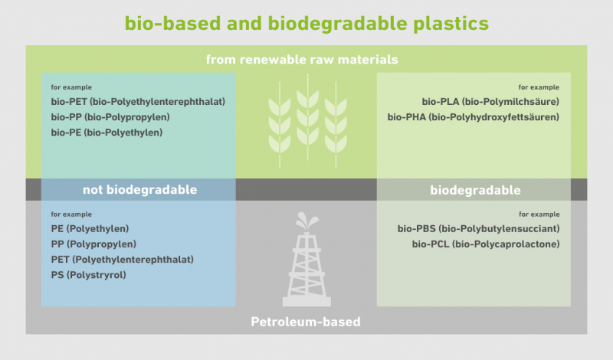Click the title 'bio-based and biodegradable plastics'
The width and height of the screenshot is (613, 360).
(306, 24)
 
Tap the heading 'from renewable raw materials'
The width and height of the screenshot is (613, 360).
(302, 60)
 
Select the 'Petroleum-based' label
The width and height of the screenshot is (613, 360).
(306, 322)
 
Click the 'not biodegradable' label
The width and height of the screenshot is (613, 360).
(140, 190)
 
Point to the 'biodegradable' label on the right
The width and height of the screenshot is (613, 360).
(475, 190)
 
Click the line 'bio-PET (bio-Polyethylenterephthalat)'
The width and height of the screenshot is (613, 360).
(138, 102)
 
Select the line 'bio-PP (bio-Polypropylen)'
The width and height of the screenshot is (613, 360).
(110, 117)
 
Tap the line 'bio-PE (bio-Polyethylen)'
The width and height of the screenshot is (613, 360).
(107, 133)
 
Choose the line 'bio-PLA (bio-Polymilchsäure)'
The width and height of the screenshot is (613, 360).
(490, 102)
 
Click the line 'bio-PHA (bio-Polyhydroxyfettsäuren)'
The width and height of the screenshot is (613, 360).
(473, 117)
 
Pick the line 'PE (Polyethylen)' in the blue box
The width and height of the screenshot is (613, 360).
(90, 229)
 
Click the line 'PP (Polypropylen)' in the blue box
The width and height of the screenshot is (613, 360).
(93, 244)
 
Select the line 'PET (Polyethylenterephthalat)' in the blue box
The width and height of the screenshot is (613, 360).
(123, 260)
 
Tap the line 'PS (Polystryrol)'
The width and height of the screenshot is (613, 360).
(88, 275)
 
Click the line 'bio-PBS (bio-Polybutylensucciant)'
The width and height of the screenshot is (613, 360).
(478, 229)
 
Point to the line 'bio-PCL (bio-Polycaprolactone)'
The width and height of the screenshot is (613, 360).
(486, 244)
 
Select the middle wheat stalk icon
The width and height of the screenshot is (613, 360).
(308, 117)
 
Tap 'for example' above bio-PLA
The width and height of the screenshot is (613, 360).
(539, 87)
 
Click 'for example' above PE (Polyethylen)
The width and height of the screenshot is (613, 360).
(71, 214)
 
